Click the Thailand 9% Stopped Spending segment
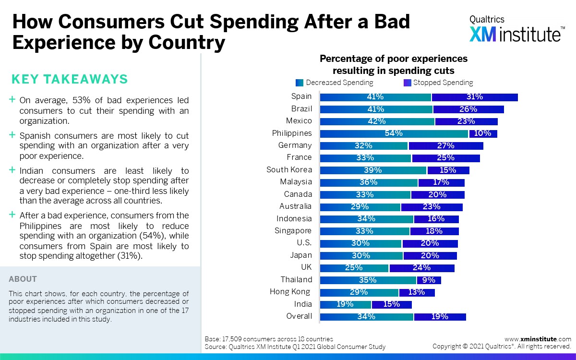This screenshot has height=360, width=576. coord(429,280)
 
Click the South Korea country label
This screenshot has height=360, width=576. coord(289,169)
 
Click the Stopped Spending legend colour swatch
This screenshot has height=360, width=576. coord(408,83)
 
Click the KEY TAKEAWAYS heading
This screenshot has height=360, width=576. coord(70,79)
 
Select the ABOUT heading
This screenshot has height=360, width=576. coord(23,279)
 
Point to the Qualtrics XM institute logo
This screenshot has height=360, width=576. coord(517,29)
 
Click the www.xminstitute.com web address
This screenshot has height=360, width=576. coord(538,339)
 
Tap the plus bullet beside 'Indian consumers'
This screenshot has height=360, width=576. coord(12,170)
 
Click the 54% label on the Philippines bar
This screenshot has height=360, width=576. coord(394,133)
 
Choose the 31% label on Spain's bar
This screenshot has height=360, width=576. coord(474,97)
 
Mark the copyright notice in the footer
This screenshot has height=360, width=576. coord(502,347)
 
